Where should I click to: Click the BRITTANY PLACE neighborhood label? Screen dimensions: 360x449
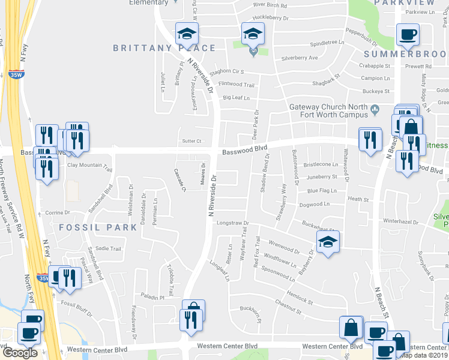(163, 48)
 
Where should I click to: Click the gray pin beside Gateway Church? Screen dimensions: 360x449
(375, 109)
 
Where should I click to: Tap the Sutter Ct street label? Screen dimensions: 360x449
(191, 141)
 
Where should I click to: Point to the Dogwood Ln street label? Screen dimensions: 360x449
(314, 204)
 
